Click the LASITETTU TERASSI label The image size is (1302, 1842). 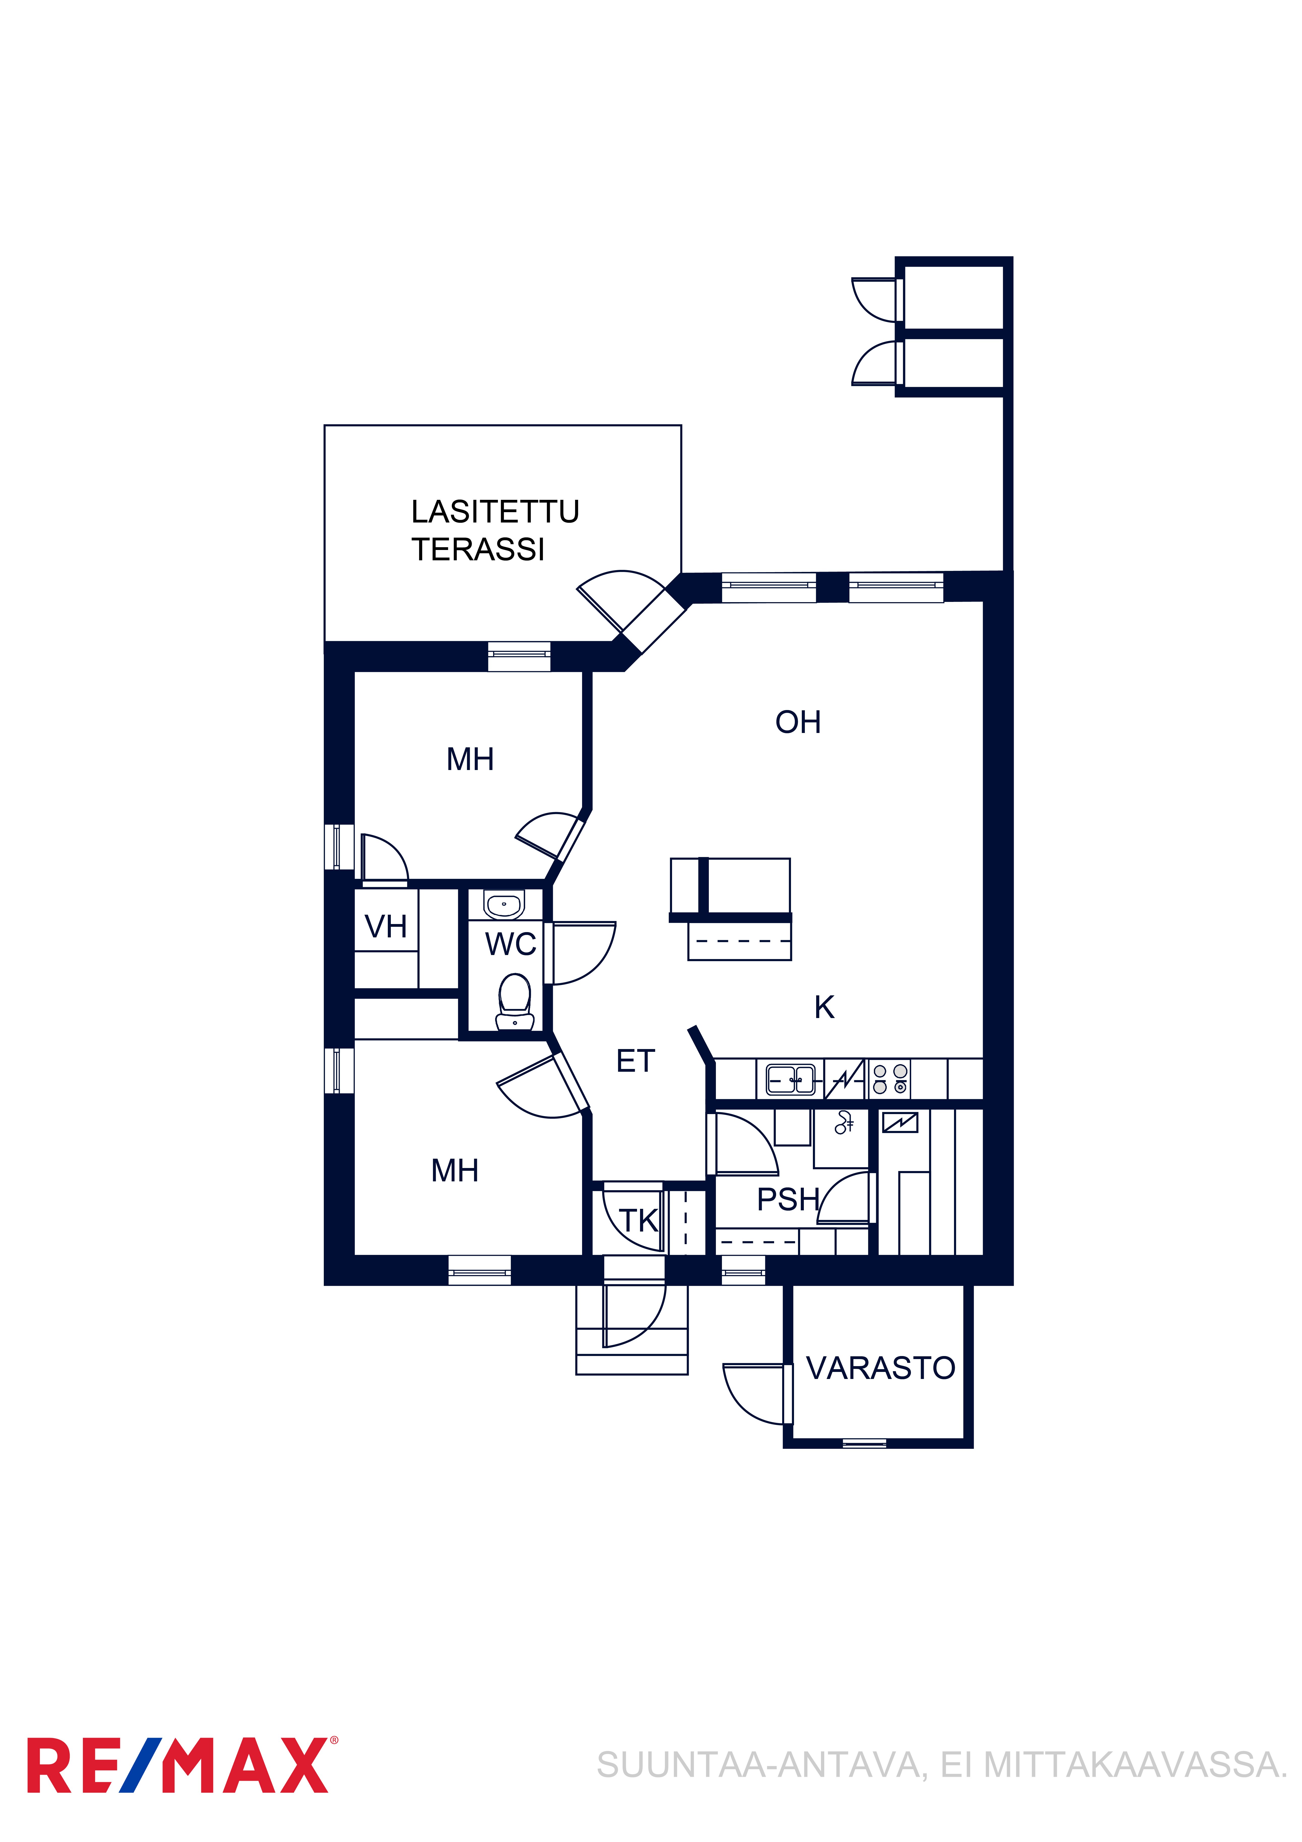pos(495,530)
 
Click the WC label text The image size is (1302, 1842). pos(510,944)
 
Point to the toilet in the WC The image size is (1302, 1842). pos(514,1002)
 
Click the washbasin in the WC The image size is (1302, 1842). pos(504,905)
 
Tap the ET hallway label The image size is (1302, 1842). pos(635,1061)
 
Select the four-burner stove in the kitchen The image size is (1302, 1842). pos(890,1079)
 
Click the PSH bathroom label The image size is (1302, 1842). pos(788,1199)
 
